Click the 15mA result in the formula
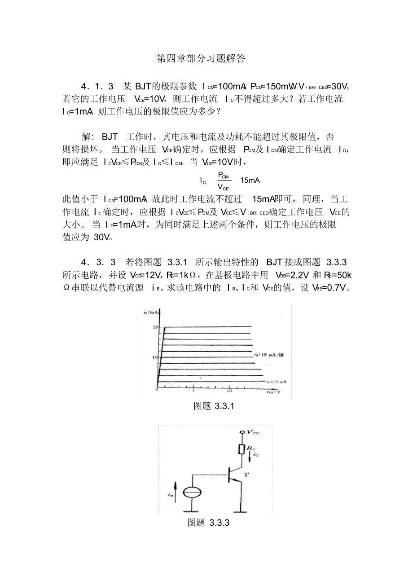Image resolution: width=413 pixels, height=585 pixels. coord(250,180)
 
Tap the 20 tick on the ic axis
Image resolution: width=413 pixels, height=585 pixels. coord(155,327)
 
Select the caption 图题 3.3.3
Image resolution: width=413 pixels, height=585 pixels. coord(209,523)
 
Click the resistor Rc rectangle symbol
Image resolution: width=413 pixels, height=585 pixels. coord(242,449)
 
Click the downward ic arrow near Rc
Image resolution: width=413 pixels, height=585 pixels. coord(250,457)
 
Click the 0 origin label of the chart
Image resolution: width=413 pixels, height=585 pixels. coord(157,391)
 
